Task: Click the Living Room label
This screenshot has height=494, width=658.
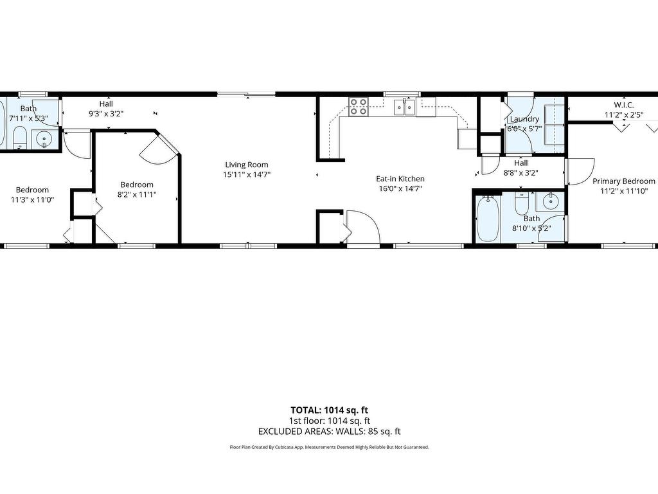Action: click(x=246, y=165)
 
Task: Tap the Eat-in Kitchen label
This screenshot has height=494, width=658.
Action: click(x=400, y=179)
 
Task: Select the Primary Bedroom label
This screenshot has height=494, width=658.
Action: click(x=623, y=181)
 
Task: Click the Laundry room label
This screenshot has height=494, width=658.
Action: click(x=524, y=119)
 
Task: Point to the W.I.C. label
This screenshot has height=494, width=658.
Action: click(x=623, y=105)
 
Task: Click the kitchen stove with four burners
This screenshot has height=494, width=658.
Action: click(x=359, y=107)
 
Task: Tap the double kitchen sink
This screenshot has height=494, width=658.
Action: click(x=404, y=107)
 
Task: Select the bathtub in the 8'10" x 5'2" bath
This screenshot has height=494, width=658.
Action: click(x=488, y=219)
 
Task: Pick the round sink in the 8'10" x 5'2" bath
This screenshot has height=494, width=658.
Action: click(x=550, y=201)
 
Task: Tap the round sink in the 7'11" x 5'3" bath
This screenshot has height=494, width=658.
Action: click(x=44, y=138)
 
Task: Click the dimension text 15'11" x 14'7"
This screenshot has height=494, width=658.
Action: click(x=246, y=175)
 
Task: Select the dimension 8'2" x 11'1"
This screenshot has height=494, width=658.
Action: click(x=137, y=194)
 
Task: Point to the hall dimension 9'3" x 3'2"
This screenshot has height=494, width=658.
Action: click(x=106, y=113)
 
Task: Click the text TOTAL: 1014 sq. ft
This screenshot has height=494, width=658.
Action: click(x=330, y=410)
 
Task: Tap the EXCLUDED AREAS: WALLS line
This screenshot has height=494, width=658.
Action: click(x=330, y=432)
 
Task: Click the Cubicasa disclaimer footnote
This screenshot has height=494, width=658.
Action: click(x=330, y=448)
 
